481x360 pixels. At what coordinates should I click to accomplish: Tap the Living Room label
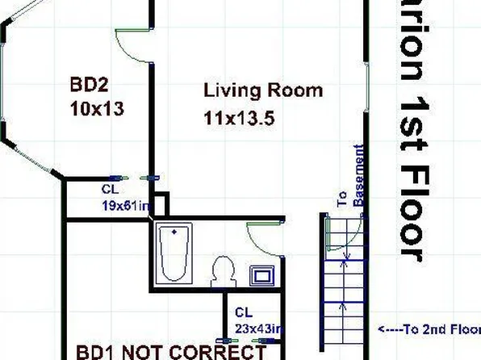pyautogui.click(x=263, y=90)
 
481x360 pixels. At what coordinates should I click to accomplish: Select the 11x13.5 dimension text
pyautogui.click(x=240, y=119)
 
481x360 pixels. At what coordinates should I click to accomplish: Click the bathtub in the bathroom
pyautogui.click(x=174, y=253)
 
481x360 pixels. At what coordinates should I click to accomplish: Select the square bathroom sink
pyautogui.click(x=263, y=275)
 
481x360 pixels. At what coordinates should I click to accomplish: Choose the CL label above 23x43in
pyautogui.click(x=243, y=312)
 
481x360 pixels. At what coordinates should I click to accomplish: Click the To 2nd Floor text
pyautogui.click(x=429, y=329)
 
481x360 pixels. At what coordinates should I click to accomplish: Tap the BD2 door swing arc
pyautogui.click(x=133, y=44)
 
